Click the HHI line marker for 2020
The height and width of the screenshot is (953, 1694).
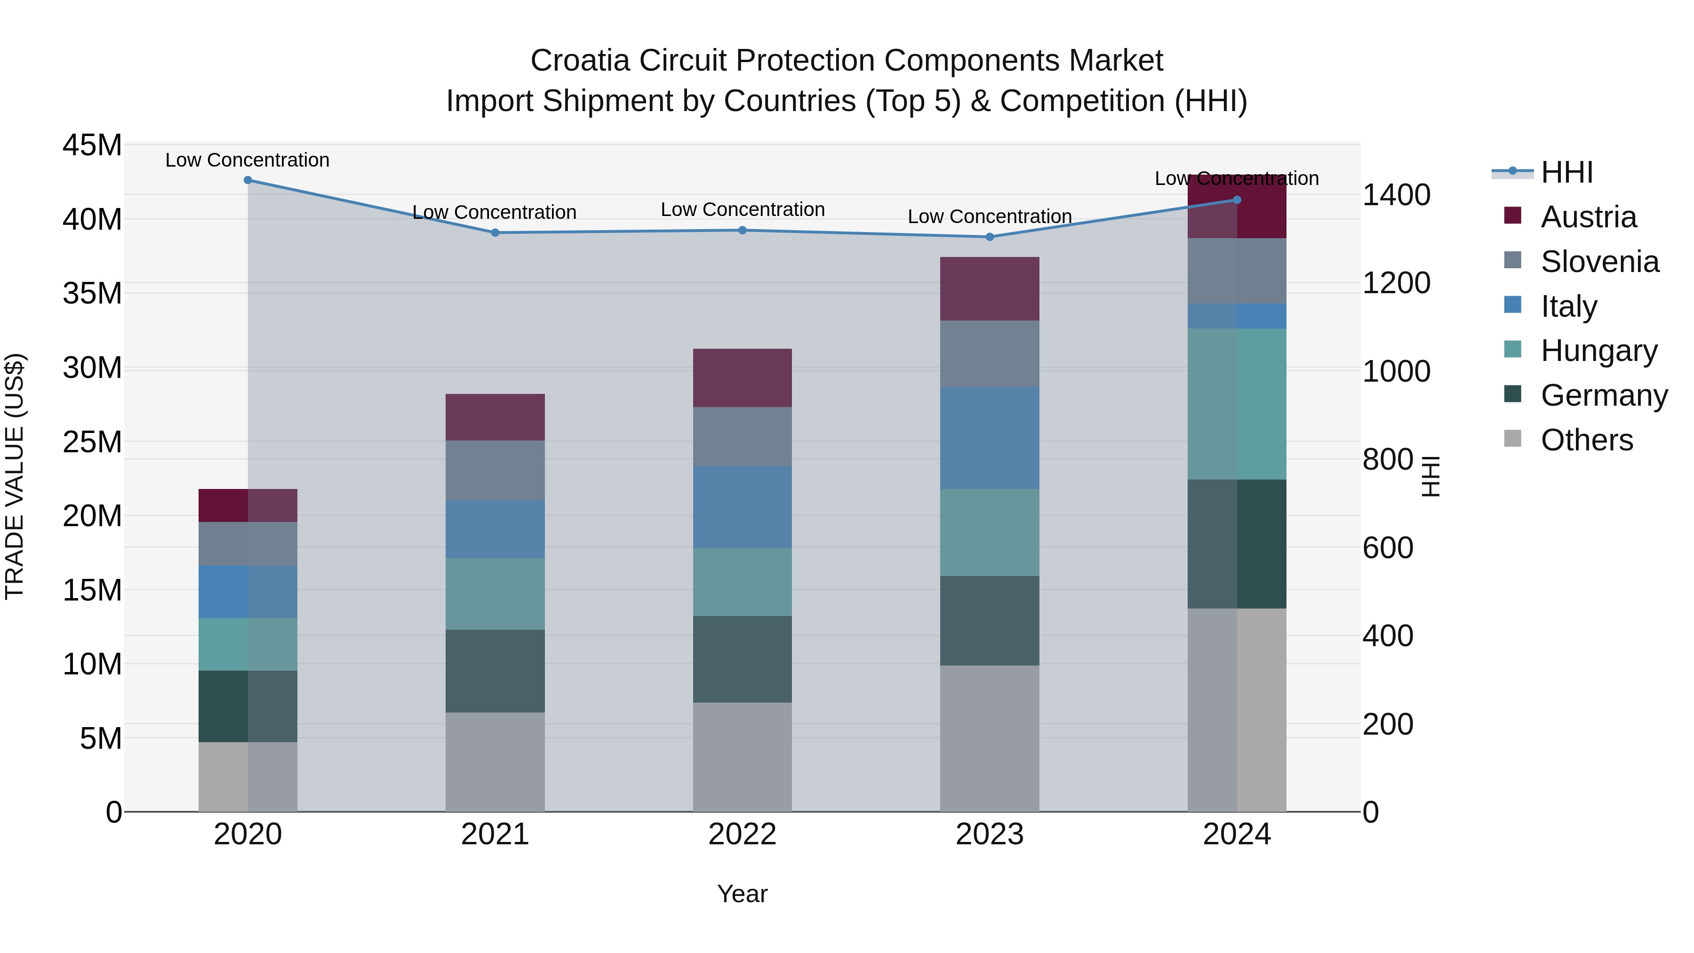(x=248, y=180)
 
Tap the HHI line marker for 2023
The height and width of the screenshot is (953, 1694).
(x=990, y=237)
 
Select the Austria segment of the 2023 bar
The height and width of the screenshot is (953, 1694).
(x=990, y=289)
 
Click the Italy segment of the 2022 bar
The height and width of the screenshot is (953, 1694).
(x=743, y=507)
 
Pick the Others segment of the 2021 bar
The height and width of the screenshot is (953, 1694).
(x=495, y=761)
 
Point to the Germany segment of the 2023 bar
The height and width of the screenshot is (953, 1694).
(x=990, y=621)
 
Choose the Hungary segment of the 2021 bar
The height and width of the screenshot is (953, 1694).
(x=495, y=594)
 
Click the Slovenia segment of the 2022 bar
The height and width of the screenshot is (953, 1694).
(x=743, y=437)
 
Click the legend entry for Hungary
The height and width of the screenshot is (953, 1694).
(x=1598, y=351)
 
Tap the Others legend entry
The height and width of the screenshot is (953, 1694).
(x=1586, y=440)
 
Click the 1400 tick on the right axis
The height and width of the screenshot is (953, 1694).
(x=1396, y=195)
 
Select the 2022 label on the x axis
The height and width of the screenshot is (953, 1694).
(x=743, y=834)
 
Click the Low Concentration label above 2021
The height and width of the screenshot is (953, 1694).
(x=495, y=212)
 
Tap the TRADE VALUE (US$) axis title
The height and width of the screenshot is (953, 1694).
(x=15, y=476)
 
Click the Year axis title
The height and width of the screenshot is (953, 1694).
(x=743, y=894)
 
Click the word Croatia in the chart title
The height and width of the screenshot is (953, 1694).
(x=581, y=61)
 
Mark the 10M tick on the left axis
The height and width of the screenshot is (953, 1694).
(x=92, y=664)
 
